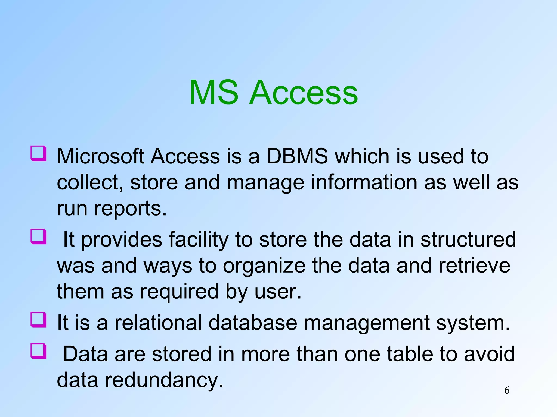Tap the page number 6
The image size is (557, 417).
point(507,390)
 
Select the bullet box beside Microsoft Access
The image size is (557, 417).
point(38,154)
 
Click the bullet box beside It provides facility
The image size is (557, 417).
point(38,237)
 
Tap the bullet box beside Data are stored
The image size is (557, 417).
point(38,351)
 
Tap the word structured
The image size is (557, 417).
point(468,239)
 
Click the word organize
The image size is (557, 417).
point(264,266)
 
